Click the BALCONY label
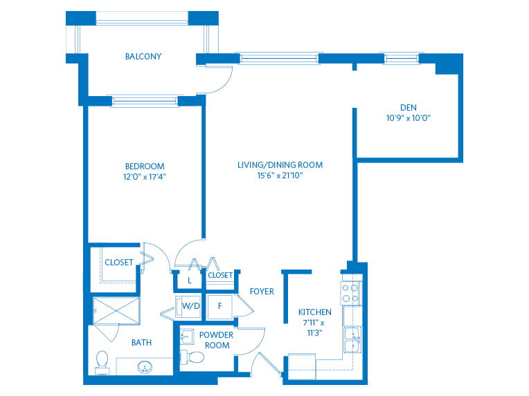pyautogui.click(x=143, y=56)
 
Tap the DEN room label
pyautogui.click(x=409, y=107)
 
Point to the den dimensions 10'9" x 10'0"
pyautogui.click(x=409, y=118)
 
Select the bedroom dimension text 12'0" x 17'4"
pyautogui.click(x=145, y=176)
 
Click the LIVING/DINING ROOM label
pyautogui.click(x=280, y=164)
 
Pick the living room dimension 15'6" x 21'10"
pyautogui.click(x=280, y=175)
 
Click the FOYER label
pyautogui.click(x=262, y=291)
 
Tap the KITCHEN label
pyautogui.click(x=315, y=312)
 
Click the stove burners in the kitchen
pyautogui.click(x=350, y=293)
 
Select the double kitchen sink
pyautogui.click(x=352, y=339)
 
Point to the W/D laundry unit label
pyautogui.click(x=190, y=305)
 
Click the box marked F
pyautogui.click(x=219, y=306)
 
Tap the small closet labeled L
pyautogui.click(x=189, y=280)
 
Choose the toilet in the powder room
pyautogui.click(x=192, y=357)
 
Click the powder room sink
pyautogui.click(x=186, y=337)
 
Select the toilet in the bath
pyautogui.click(x=102, y=362)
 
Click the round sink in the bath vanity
pyautogui.click(x=145, y=367)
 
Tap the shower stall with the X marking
pyautogui.click(x=116, y=311)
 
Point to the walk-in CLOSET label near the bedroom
pyautogui.click(x=119, y=263)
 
